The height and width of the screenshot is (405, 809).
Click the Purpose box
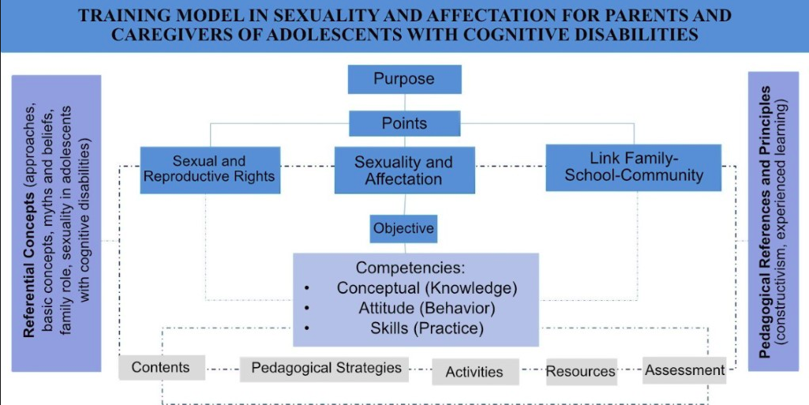(x=404, y=79)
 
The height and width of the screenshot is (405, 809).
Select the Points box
(x=404, y=123)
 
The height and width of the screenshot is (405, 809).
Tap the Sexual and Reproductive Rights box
(x=210, y=170)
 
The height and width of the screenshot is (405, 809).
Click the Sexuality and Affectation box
(x=404, y=171)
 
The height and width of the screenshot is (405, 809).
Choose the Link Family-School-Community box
(x=634, y=167)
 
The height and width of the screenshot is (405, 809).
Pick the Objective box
(x=403, y=229)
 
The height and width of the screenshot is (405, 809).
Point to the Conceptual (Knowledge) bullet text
(x=427, y=288)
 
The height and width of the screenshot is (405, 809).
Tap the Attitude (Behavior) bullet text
(x=427, y=308)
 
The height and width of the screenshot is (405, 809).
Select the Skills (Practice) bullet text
(x=427, y=328)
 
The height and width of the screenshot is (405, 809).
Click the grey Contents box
(x=162, y=367)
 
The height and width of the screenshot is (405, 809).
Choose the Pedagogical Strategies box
(x=324, y=369)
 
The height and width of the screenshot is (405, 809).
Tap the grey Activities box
(x=475, y=372)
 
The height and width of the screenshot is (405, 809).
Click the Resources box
(x=581, y=372)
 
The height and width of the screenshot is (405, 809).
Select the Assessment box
(x=684, y=370)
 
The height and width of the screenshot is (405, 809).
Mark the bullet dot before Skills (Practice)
(x=308, y=328)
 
